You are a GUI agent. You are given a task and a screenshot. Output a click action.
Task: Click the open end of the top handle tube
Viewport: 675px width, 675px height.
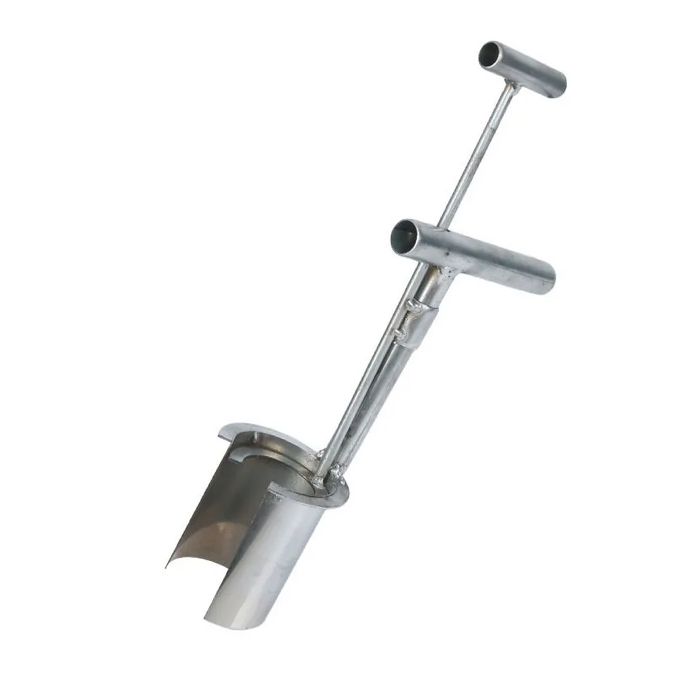pyautogui.click(x=491, y=55)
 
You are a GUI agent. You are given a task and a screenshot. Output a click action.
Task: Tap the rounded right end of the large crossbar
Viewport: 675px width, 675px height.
pyautogui.click(x=548, y=278)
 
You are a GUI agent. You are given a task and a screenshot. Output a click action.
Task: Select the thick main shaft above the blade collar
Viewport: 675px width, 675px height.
pyautogui.click(x=368, y=411)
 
